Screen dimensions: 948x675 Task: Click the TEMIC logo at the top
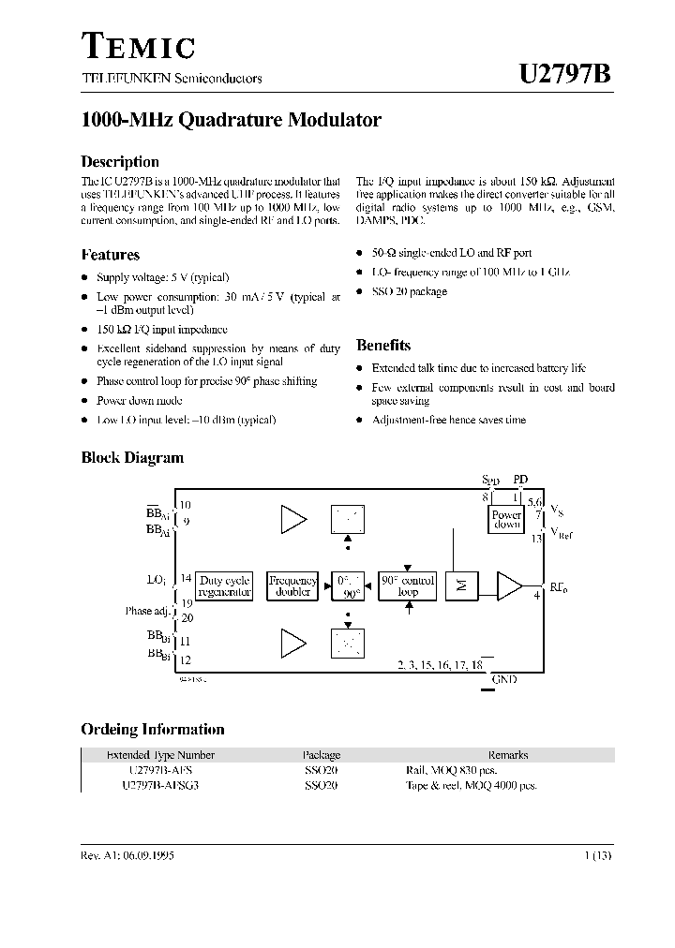click(139, 47)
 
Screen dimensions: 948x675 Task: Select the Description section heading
click(120, 161)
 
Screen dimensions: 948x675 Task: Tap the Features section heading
click(111, 255)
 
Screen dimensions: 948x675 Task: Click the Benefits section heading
click(383, 346)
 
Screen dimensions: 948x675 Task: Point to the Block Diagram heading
click(132, 458)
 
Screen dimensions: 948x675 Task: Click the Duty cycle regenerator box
click(225, 586)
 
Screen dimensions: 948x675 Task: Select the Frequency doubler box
click(292, 586)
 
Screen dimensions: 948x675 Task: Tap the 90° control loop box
click(407, 586)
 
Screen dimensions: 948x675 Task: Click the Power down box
click(506, 520)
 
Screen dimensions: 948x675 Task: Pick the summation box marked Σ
click(460, 586)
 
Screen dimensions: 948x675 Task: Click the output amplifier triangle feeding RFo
click(509, 586)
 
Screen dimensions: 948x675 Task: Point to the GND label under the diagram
click(503, 679)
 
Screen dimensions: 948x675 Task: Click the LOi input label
click(157, 581)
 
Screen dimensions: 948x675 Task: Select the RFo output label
click(559, 587)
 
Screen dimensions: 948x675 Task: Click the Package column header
click(322, 755)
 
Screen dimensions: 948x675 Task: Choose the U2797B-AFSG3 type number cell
click(160, 786)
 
